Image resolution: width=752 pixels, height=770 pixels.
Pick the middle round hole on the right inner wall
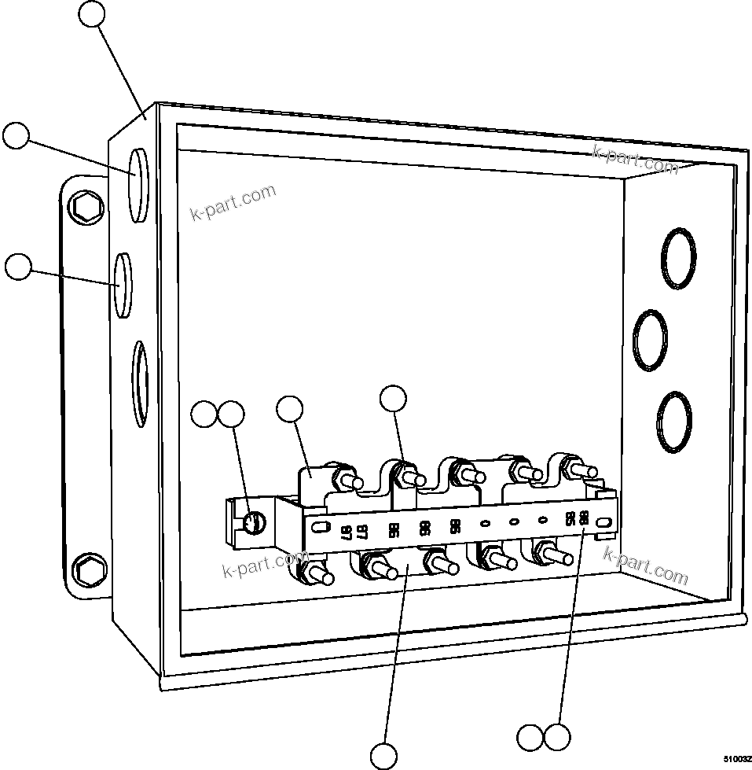point(651,340)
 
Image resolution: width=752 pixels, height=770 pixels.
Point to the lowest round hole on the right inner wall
point(674,422)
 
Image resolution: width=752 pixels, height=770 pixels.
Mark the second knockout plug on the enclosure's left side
point(123,285)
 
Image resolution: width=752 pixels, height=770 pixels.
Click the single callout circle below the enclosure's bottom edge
point(383,755)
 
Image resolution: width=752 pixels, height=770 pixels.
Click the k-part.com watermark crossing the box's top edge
point(635,160)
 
